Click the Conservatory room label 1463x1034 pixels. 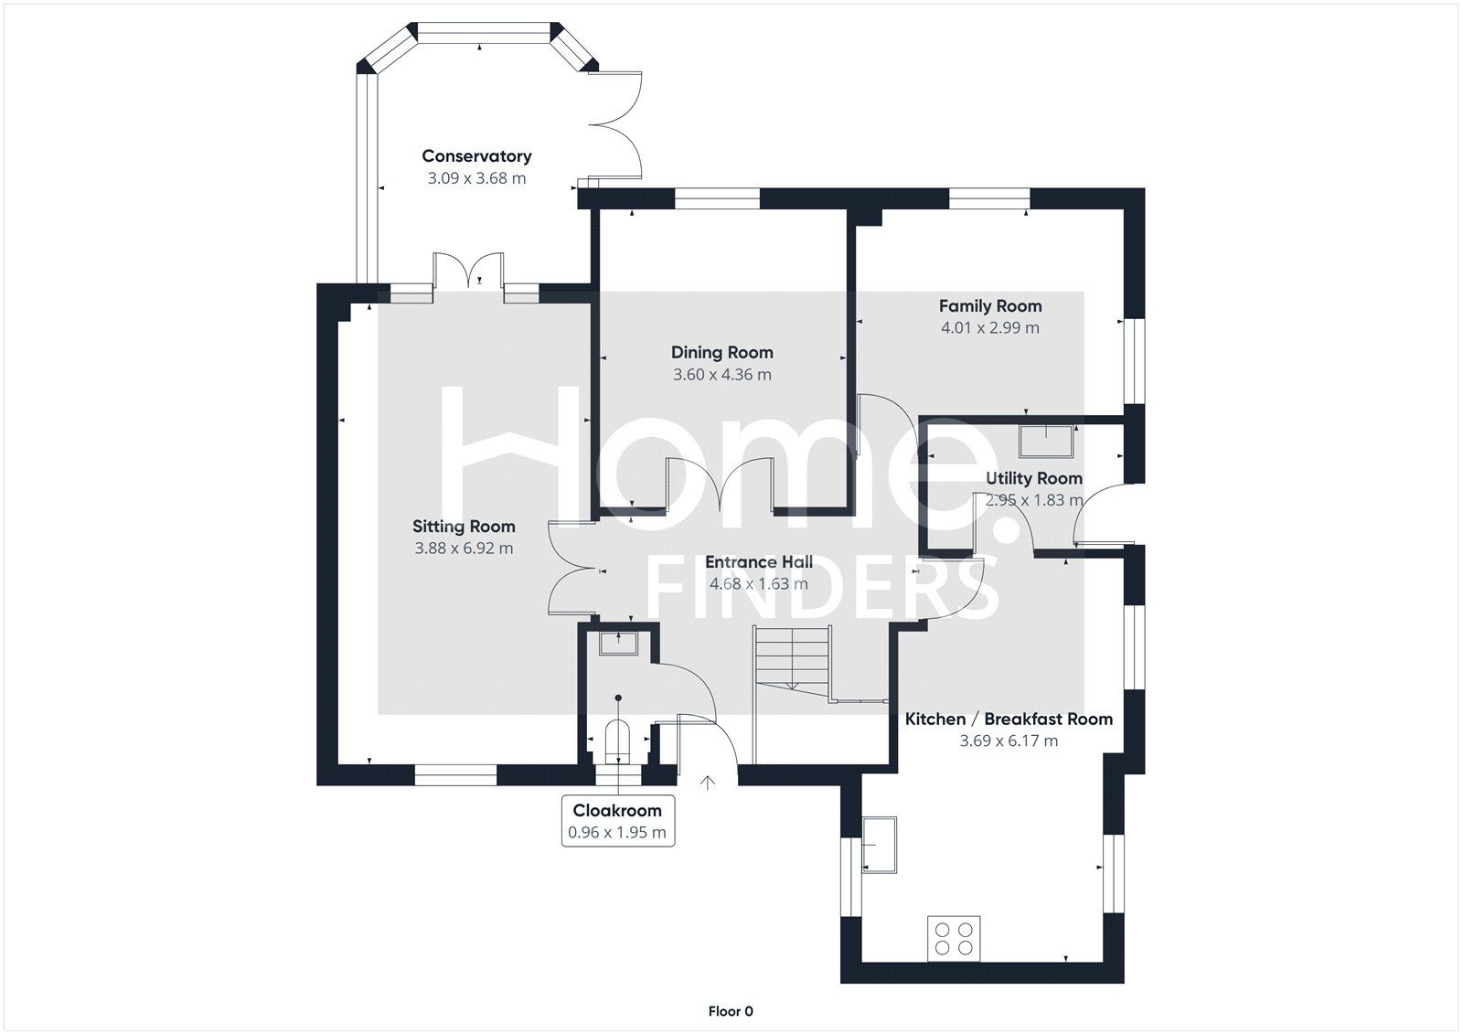coord(476,156)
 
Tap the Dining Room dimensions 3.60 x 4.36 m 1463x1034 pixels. coord(721,375)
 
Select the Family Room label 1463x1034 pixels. coord(990,306)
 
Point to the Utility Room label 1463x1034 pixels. coord(1033,478)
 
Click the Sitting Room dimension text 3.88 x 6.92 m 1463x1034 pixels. coord(464,549)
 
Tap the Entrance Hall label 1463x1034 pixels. coord(758,562)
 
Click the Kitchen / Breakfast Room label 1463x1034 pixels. coord(1009,720)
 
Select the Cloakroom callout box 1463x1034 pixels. coord(617,821)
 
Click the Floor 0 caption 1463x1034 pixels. coord(731,1011)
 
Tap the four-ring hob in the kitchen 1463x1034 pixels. coord(954,938)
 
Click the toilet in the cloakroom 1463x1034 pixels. coord(618,741)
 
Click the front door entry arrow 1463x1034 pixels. coord(708,783)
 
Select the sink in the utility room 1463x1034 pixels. coord(1046,441)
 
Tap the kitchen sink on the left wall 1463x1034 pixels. coord(878,845)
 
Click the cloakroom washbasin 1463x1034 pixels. coord(617,643)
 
